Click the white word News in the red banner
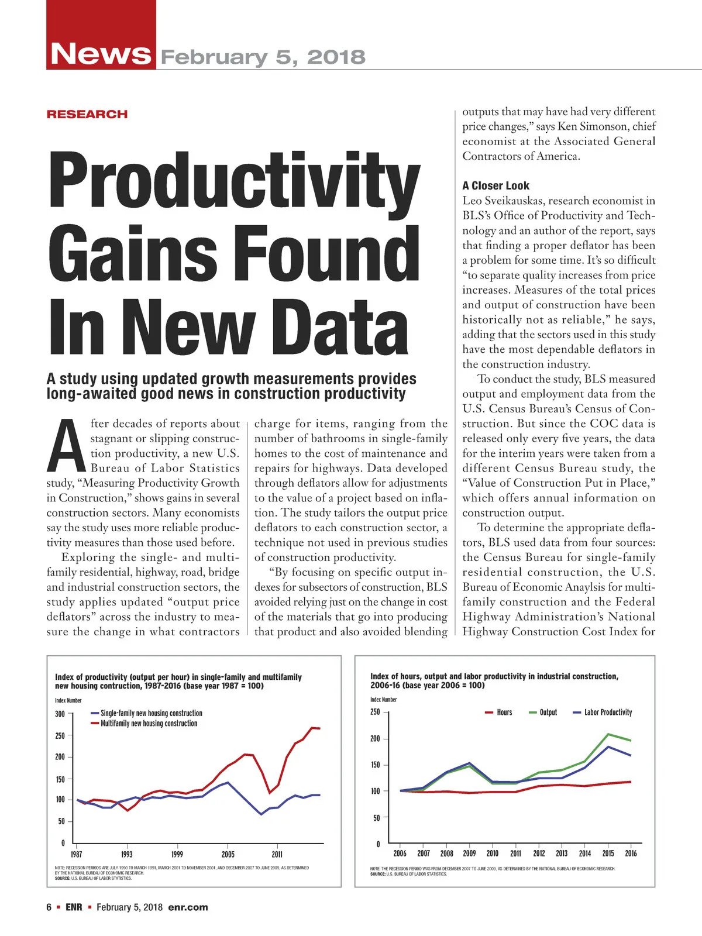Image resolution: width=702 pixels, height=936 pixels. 101,53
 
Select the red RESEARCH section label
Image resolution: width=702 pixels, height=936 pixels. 87,114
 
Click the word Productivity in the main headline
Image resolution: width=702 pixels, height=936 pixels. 234,178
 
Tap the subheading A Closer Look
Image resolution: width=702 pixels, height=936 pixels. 495,185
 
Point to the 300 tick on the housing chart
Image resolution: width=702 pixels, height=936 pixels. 60,714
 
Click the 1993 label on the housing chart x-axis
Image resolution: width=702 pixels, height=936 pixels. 126,854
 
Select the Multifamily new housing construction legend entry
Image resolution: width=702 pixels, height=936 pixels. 149,724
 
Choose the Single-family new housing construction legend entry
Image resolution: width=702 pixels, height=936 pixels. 151,713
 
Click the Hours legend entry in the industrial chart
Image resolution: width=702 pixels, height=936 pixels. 504,713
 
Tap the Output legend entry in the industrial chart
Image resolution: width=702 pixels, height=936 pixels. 548,713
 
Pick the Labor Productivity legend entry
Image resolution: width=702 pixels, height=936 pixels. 608,713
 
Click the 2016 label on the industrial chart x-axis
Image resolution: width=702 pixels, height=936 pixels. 631,853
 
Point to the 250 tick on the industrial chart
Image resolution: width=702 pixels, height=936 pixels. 375,712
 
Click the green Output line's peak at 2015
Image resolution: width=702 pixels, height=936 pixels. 608,734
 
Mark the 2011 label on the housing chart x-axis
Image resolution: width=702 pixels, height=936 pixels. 277,854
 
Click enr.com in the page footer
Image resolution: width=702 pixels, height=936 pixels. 188,907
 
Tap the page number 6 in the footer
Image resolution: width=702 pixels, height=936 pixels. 49,907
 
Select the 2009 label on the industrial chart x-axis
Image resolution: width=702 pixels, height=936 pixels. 469,853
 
